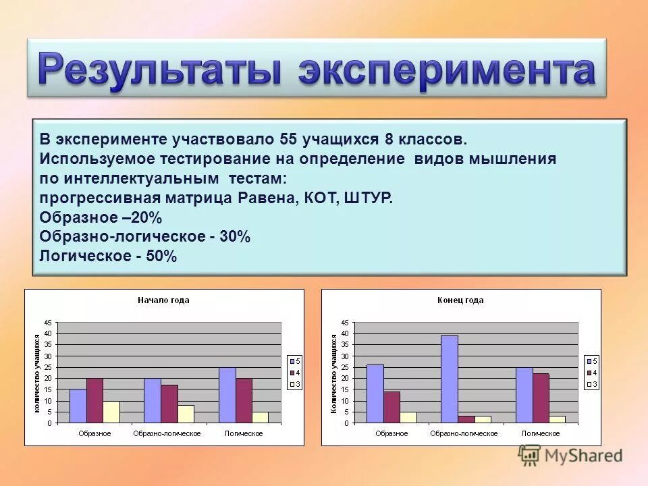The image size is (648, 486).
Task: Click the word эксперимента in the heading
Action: click(447, 70)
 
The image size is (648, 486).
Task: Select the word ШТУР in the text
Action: click(368, 198)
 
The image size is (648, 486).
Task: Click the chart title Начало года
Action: click(163, 300)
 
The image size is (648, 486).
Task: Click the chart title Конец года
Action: click(460, 300)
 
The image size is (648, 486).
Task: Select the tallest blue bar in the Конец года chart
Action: click(449, 379)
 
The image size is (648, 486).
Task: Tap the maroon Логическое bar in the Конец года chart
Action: click(541, 398)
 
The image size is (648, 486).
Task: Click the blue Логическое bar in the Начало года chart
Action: click(227, 395)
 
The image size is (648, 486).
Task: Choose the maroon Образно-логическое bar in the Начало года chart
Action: click(169, 404)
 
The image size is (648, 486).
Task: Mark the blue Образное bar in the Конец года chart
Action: click(375, 394)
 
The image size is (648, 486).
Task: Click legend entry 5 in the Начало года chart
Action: click(295, 361)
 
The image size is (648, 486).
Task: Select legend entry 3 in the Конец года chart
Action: click(592, 384)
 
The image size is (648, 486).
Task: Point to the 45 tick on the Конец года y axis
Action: click(346, 323)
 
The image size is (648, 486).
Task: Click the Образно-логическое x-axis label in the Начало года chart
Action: click(167, 433)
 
